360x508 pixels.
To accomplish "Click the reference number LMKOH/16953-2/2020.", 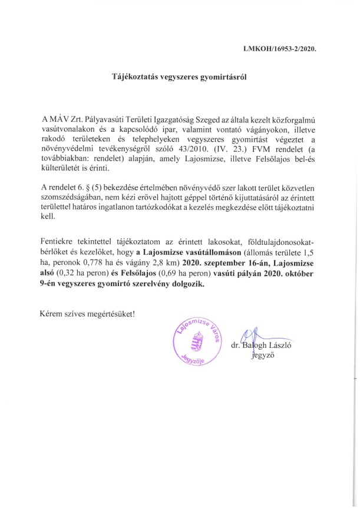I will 280,49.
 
